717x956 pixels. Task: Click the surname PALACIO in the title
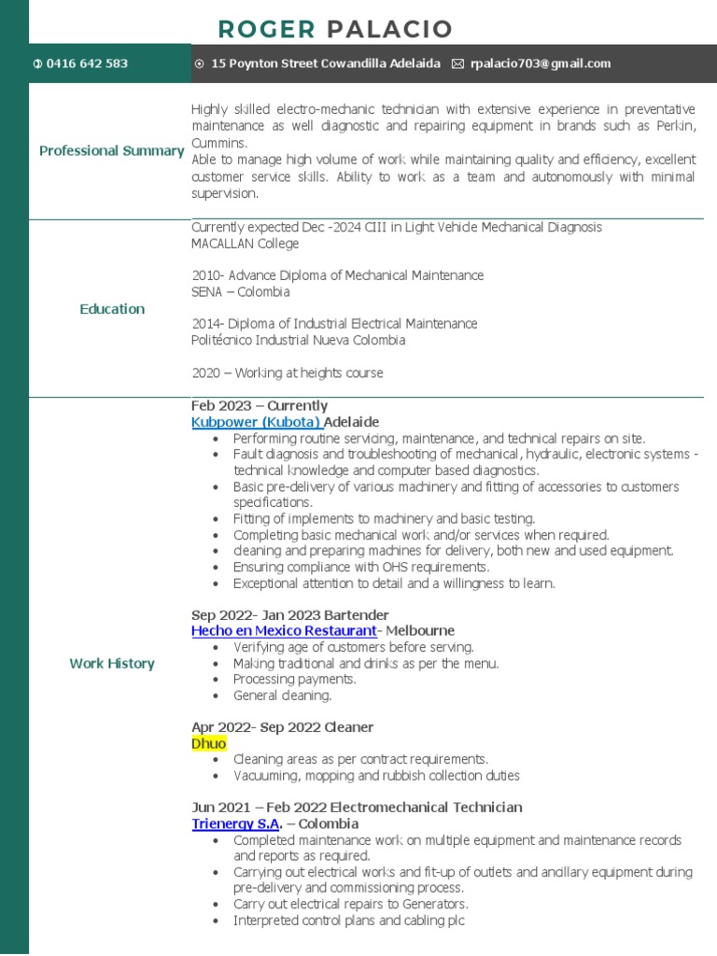389,29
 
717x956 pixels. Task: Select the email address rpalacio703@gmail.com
541,63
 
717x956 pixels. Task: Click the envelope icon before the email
457,63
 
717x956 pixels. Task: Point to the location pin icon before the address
200,63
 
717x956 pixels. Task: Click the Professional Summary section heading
111,151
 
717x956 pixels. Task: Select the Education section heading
112,309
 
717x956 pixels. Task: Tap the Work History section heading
111,664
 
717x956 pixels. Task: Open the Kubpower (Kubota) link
256,422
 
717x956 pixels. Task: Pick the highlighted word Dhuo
209,743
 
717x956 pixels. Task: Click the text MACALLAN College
245,244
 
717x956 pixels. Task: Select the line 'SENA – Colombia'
240,292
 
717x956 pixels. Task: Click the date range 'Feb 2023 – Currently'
259,406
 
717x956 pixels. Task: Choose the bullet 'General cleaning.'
282,696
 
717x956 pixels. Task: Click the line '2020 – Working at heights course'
287,373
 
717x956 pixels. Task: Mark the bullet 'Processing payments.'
294,680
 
